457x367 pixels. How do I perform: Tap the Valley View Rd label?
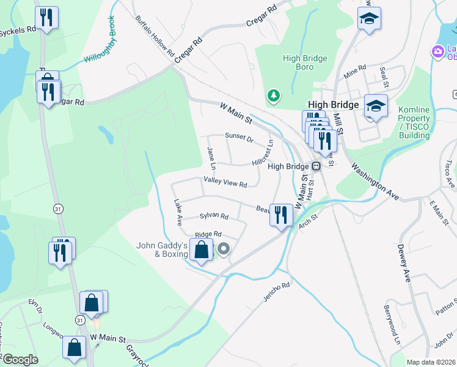point(225,183)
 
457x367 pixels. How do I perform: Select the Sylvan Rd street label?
point(214,217)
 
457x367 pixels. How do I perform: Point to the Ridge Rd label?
point(208,235)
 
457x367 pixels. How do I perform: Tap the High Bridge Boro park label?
point(305,62)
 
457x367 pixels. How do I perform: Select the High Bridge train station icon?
point(316,166)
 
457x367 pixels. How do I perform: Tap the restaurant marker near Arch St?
point(280,215)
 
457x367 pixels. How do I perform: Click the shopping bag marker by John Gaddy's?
point(201,250)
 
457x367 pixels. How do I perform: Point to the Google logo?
point(20,360)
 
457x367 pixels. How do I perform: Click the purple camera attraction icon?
point(437,51)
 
